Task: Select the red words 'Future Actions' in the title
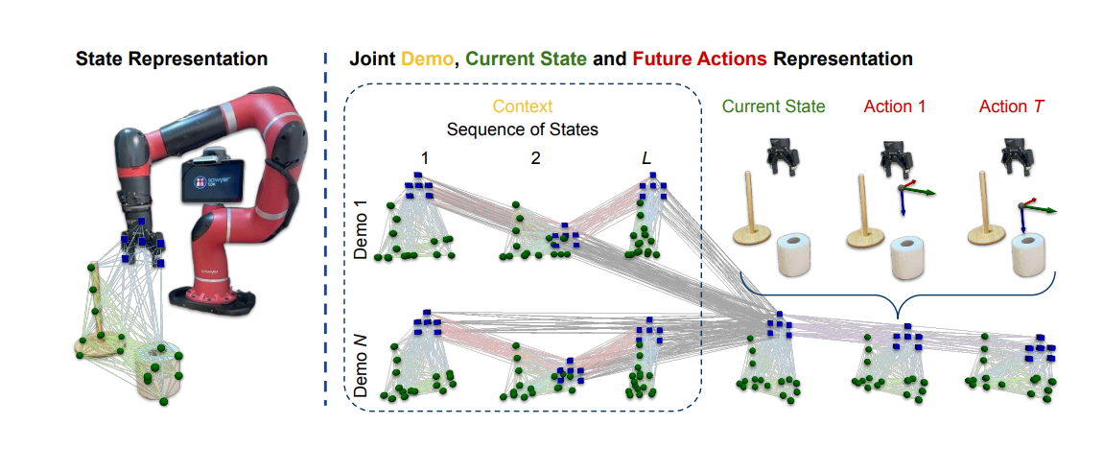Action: [x=700, y=59]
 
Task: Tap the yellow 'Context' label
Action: [x=523, y=106]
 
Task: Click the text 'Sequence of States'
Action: [x=523, y=129]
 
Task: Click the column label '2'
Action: [x=535, y=157]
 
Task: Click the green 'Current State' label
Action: [x=773, y=106]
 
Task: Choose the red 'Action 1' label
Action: [x=894, y=106]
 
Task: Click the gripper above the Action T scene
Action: [x=1014, y=153]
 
